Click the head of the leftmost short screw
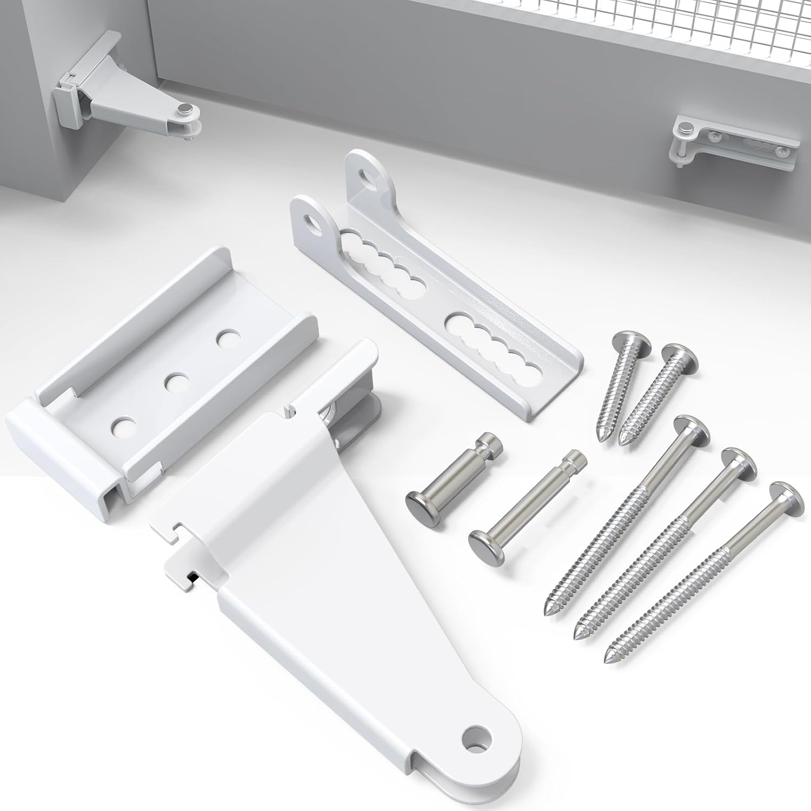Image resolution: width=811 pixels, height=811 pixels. (626, 345)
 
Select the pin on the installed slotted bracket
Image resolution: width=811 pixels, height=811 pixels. (686, 129)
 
